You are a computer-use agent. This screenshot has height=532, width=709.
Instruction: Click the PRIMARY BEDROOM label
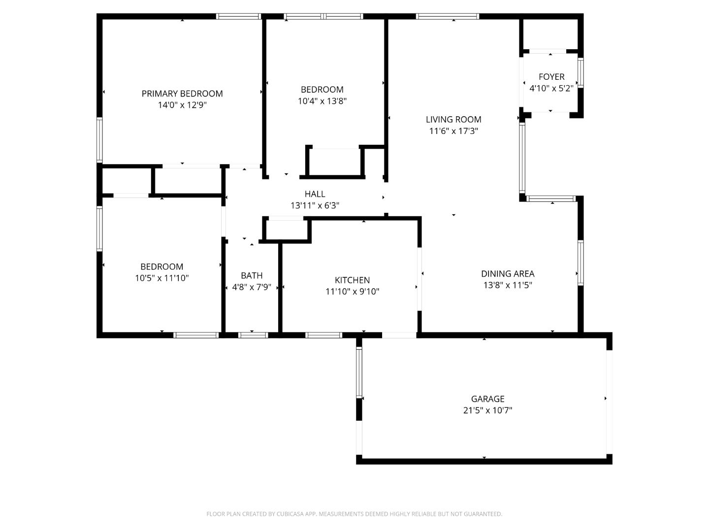[x=182, y=94]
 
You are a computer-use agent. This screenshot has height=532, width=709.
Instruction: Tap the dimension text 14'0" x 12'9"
[x=182, y=105]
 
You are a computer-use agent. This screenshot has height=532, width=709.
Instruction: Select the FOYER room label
[x=551, y=77]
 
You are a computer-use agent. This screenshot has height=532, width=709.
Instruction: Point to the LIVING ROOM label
[x=453, y=119]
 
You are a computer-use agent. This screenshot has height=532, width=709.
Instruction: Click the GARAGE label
[x=487, y=399]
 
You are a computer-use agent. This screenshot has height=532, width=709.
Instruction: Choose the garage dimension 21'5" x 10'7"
[x=487, y=410]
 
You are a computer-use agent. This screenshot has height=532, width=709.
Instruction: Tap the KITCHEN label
[x=352, y=280]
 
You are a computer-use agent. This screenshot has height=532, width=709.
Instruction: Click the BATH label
[x=252, y=275]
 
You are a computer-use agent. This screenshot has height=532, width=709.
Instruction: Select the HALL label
[x=315, y=194]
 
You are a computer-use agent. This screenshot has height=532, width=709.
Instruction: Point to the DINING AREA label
[x=508, y=273]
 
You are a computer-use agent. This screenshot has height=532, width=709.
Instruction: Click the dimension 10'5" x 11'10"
[x=161, y=278]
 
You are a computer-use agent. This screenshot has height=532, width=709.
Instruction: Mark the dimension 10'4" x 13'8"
[x=322, y=101]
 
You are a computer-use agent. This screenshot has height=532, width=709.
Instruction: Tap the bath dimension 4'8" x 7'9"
[x=252, y=287]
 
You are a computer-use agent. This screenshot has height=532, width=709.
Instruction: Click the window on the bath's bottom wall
[x=253, y=335]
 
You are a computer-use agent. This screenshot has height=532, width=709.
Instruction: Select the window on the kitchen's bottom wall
[x=323, y=335]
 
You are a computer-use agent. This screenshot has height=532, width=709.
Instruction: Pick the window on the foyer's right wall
[x=580, y=73]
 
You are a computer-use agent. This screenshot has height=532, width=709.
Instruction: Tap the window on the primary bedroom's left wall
[x=99, y=140]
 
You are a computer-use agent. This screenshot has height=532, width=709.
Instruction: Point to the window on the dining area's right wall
[x=580, y=263]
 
